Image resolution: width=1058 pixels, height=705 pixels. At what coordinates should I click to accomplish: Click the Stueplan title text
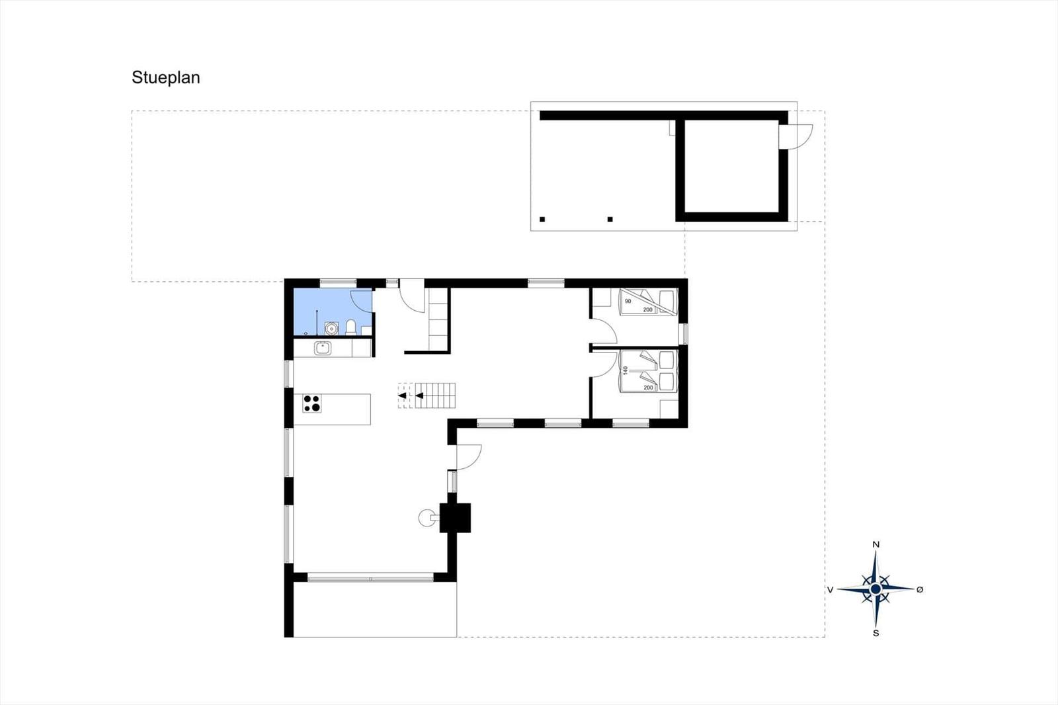(166, 77)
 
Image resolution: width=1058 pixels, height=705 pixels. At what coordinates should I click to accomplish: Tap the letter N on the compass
(875, 544)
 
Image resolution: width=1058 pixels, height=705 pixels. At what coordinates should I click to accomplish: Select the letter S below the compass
(875, 633)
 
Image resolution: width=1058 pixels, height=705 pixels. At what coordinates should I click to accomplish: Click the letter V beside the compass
(830, 589)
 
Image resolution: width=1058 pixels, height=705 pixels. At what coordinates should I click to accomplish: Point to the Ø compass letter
(920, 589)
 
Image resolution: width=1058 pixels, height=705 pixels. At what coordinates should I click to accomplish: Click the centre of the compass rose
(875, 589)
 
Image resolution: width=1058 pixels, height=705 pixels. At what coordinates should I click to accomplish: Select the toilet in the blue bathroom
(350, 327)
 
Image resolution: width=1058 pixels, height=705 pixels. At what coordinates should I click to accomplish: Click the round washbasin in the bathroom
(331, 328)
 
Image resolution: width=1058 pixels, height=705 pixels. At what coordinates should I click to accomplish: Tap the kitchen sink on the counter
(323, 349)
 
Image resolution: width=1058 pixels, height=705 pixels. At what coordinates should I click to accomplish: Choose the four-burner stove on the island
(311, 403)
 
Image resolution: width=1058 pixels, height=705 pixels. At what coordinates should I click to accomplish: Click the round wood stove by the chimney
(427, 518)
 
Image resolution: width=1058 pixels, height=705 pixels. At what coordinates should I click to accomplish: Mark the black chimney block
(455, 518)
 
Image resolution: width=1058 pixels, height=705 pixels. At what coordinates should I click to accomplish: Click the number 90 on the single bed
(628, 301)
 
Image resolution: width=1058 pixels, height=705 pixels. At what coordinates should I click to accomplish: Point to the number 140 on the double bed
(626, 370)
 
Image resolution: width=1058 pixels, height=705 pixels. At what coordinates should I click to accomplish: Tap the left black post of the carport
(542, 220)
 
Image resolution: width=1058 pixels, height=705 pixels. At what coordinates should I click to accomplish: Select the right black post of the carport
(610, 220)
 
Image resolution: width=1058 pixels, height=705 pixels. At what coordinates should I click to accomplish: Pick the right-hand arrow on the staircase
(419, 395)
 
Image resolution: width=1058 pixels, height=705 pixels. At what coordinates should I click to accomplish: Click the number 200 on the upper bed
(647, 310)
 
